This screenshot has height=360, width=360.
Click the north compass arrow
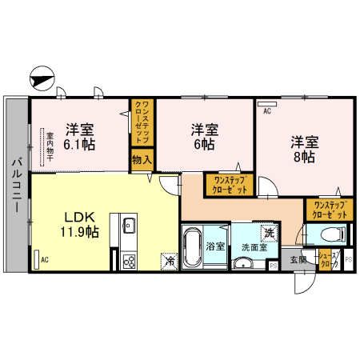39,79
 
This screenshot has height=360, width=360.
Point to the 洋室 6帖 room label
202,136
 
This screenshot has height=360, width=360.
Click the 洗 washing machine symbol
270,232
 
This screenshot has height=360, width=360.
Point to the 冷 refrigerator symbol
170,260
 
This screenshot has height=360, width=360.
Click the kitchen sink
128,227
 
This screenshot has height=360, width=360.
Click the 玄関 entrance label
297,259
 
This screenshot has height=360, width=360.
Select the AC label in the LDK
45,259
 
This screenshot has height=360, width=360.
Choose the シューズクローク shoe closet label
326,259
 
